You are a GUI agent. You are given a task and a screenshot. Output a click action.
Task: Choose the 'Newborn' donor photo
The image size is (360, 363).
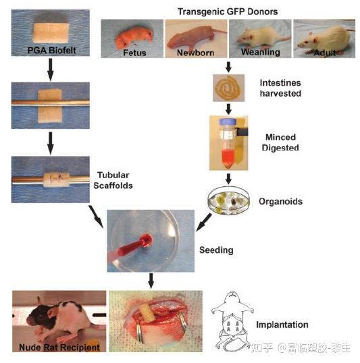point(196,38)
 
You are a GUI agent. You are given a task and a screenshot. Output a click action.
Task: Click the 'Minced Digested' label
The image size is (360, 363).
point(280,142)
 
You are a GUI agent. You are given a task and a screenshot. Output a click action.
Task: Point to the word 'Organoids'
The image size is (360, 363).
point(280,201)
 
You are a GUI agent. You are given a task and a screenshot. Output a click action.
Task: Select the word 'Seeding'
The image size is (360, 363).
point(216,250)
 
